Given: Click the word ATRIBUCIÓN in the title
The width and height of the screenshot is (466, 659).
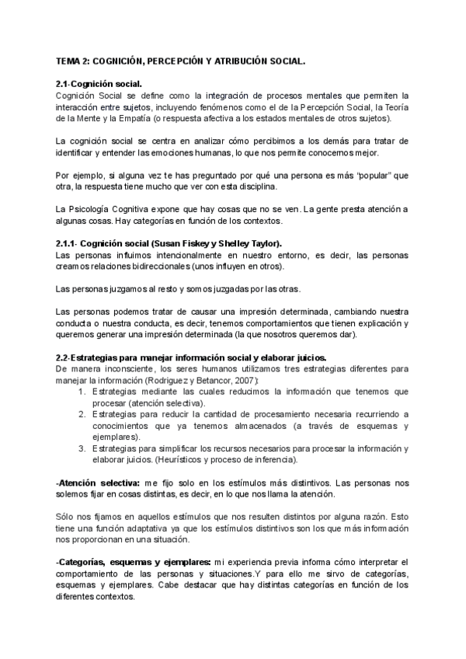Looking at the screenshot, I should tap(236, 59).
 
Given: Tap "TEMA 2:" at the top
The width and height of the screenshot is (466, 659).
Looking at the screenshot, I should tap(73, 59).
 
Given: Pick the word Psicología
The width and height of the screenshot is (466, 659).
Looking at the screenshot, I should tap(93, 210).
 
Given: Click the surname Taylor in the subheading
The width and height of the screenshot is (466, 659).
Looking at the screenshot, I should tap(265, 243).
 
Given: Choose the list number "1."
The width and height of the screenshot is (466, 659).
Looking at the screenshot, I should tap(83, 392).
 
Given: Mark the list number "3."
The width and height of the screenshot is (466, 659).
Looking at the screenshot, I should tap(83, 448).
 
